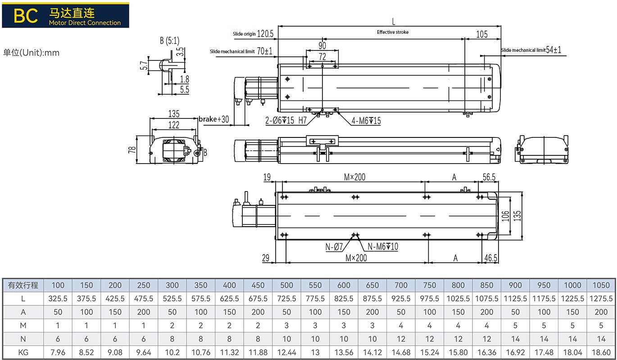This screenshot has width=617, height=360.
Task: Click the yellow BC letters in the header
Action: tap(25, 15)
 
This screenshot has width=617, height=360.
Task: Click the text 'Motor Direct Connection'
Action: tap(85, 23)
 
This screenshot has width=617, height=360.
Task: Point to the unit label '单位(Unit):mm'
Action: tap(32, 53)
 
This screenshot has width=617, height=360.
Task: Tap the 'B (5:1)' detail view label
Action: tap(169, 41)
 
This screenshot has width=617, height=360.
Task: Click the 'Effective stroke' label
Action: tap(393, 32)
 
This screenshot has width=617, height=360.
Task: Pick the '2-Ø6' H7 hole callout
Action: tap(286, 121)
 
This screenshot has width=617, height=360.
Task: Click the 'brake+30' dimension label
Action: tap(214, 119)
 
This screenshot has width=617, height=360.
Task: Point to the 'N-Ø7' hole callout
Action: tap(335, 246)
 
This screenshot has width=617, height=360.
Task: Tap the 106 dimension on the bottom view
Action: tap(505, 216)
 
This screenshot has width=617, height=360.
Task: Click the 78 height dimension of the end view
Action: tap(132, 149)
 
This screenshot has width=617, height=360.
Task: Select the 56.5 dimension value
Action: tap(489, 178)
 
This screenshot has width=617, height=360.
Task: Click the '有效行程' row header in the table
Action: tap(23, 285)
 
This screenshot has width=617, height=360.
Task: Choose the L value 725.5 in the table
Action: tap(286, 299)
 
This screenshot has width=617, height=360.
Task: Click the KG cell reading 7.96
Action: tap(58, 352)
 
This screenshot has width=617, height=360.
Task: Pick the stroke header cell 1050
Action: tap(601, 285)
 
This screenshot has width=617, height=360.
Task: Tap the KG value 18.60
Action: tap(601, 352)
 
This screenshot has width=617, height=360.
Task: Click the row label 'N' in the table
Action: tap(23, 339)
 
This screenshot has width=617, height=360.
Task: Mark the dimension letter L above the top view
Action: tap(393, 21)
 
